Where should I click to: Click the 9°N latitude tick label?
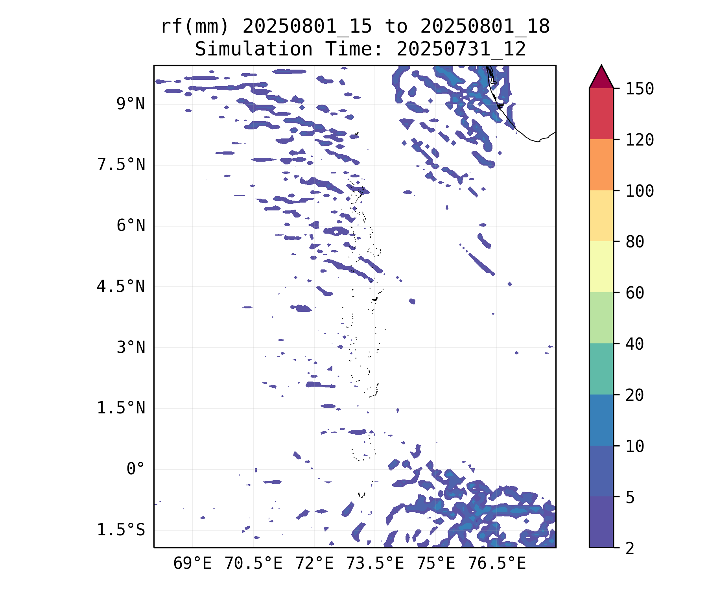click(x=131, y=104)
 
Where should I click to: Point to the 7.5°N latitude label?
click(x=121, y=165)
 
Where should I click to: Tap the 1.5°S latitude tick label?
click(x=121, y=530)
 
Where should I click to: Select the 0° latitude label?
click(x=136, y=469)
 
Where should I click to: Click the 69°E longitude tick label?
click(x=192, y=564)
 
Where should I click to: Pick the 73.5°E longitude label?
click(x=375, y=564)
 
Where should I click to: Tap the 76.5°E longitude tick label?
click(x=496, y=564)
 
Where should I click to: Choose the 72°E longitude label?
click(x=314, y=564)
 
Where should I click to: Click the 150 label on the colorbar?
click(x=640, y=89)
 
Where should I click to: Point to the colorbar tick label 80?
click(x=635, y=242)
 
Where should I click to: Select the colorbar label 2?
click(x=630, y=548)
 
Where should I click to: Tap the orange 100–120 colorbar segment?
click(x=601, y=165)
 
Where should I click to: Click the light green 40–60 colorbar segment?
click(x=601, y=318)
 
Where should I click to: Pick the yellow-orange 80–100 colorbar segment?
click(x=601, y=216)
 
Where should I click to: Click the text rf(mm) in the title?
click(x=195, y=27)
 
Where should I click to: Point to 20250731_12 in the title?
click(x=461, y=50)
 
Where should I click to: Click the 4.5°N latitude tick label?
click(x=121, y=287)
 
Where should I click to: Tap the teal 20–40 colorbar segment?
click(x=601, y=369)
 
